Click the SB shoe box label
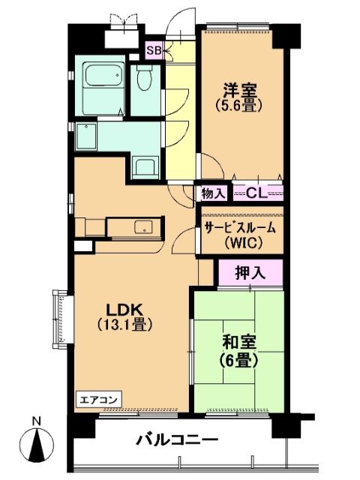[x=154, y=50]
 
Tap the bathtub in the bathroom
[x=103, y=75]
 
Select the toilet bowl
[x=145, y=77]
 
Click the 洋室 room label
[x=240, y=90]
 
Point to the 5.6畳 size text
[x=240, y=106]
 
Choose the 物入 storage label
[x=214, y=193]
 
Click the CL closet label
[x=257, y=193]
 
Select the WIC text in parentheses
[x=243, y=243]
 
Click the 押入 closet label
[x=250, y=272]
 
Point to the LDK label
[x=124, y=310]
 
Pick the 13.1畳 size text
[x=124, y=325]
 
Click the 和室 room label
[x=239, y=343]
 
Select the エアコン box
[x=98, y=400]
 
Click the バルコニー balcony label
[x=177, y=441]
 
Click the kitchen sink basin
[x=143, y=226]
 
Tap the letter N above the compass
[x=37, y=421]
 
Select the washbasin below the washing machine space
[x=145, y=167]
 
